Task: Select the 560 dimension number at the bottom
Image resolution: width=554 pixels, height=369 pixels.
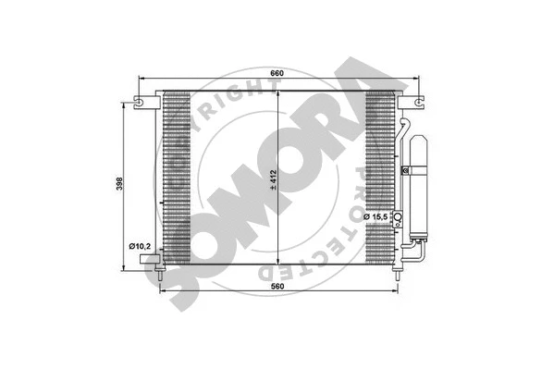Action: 279,285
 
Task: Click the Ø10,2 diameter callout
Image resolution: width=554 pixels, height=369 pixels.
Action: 139,245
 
